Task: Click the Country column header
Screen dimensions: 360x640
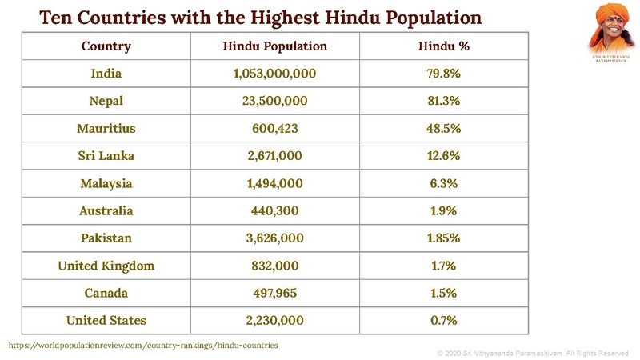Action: pyautogui.click(x=106, y=46)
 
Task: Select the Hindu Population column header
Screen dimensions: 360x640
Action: pyautogui.click(x=274, y=46)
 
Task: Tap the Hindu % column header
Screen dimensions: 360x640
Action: pyautogui.click(x=443, y=46)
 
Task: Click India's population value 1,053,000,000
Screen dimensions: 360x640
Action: pyautogui.click(x=274, y=74)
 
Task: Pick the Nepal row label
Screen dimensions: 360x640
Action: pyautogui.click(x=106, y=101)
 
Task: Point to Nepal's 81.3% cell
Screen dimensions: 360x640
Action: pyautogui.click(x=443, y=101)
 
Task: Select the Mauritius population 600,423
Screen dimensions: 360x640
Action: pyautogui.click(x=274, y=128)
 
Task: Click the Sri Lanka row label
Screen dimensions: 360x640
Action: pyautogui.click(x=106, y=156)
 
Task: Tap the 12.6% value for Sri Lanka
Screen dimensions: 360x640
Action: pyautogui.click(x=443, y=156)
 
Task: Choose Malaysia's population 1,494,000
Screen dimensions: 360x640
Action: pyautogui.click(x=274, y=183)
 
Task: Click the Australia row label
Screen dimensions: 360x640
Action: pyautogui.click(x=106, y=211)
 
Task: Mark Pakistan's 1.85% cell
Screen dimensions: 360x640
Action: pyautogui.click(x=443, y=238)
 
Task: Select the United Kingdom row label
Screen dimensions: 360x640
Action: pyautogui.click(x=106, y=266)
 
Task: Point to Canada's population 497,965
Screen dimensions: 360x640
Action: pyautogui.click(x=274, y=293)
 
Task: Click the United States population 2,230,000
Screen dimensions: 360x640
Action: pyautogui.click(x=274, y=320)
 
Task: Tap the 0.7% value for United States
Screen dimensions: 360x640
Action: pyautogui.click(x=443, y=320)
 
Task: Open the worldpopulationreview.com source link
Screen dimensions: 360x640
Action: pyautogui.click(x=143, y=345)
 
